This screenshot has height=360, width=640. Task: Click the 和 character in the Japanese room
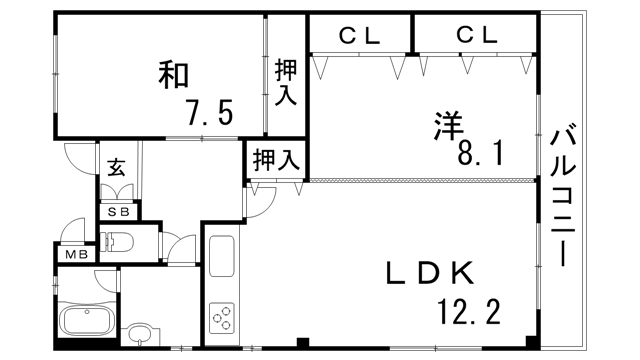click(x=173, y=75)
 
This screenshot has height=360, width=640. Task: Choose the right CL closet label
click(x=477, y=36)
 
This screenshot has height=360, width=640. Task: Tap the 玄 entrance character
click(x=115, y=167)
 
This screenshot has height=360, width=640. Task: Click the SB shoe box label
click(x=118, y=211)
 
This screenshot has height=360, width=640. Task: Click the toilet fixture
click(x=118, y=242)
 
